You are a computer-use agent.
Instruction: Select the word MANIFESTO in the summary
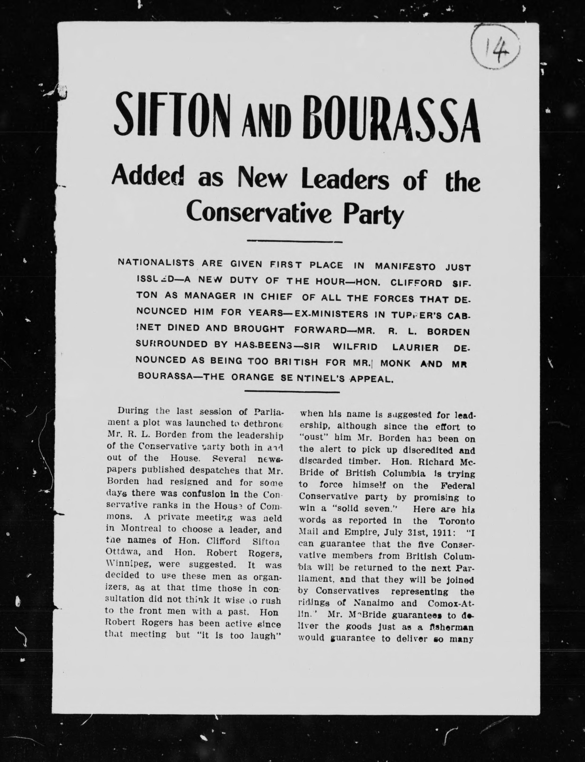click(405, 266)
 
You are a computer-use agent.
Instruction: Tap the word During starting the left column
click(133, 410)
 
